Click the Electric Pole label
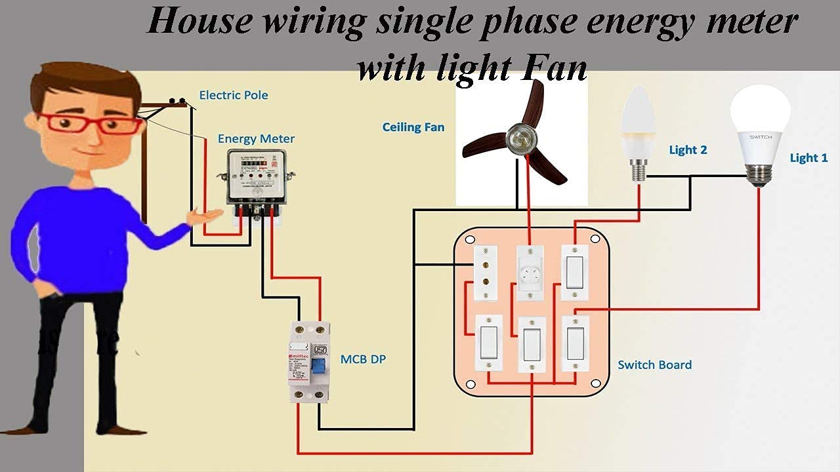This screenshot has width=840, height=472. click(234, 95)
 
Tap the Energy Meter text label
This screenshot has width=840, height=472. click(256, 139)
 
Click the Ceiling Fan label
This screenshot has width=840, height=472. click(413, 127)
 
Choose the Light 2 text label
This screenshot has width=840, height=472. click(688, 150)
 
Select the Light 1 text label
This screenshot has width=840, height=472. click(808, 158)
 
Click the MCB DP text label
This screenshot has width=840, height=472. click(363, 359)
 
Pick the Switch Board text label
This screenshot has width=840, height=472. click(654, 365)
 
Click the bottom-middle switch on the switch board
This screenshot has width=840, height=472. click(532, 344)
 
